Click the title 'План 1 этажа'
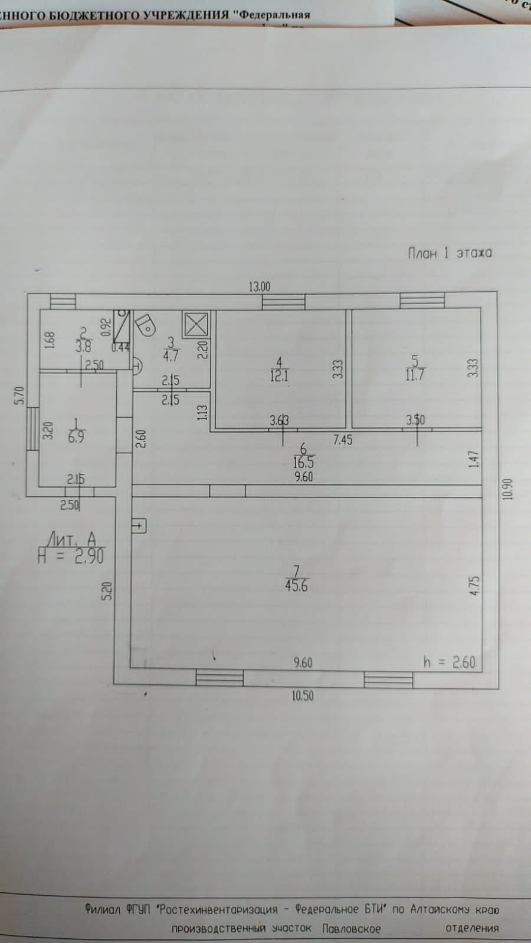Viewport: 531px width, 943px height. pyautogui.click(x=450, y=253)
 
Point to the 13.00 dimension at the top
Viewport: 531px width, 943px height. pyautogui.click(x=259, y=287)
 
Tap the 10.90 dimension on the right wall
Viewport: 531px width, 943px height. pyautogui.click(x=509, y=489)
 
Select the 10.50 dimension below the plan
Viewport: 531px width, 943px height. pyautogui.click(x=302, y=696)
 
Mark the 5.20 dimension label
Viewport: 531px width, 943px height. pyautogui.click(x=107, y=590)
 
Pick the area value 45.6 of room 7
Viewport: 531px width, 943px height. pyautogui.click(x=296, y=586)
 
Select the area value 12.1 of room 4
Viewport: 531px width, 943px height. pyautogui.click(x=279, y=375)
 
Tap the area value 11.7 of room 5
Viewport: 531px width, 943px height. pyautogui.click(x=415, y=374)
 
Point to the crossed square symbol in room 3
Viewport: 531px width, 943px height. pyautogui.click(x=196, y=324)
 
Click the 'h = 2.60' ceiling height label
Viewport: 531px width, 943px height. pyautogui.click(x=449, y=662)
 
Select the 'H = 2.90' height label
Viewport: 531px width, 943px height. pyautogui.click(x=71, y=556)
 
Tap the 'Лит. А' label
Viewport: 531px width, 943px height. pyautogui.click(x=71, y=539)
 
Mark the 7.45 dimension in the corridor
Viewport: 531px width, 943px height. pyautogui.click(x=342, y=440)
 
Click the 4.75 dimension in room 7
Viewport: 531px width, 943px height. pyautogui.click(x=476, y=587)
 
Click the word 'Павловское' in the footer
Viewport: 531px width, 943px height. pyautogui.click(x=351, y=929)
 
